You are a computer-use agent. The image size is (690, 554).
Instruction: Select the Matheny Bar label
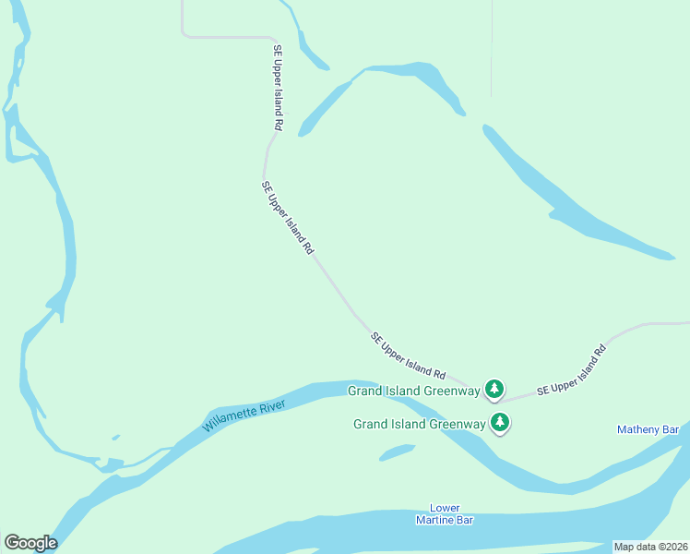[648, 429]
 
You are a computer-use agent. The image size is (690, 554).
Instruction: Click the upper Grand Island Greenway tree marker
[495, 389]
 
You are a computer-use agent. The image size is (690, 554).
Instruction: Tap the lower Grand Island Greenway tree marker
[501, 423]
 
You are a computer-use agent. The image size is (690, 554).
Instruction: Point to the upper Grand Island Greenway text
[413, 391]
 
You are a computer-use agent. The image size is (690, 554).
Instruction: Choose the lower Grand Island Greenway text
[420, 424]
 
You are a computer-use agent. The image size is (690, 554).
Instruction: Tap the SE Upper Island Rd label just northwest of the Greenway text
[409, 356]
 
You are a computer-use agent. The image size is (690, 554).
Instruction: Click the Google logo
[30, 543]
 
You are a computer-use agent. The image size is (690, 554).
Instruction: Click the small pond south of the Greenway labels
[397, 452]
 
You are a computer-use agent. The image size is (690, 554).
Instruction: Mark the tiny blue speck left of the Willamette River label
[115, 437]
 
